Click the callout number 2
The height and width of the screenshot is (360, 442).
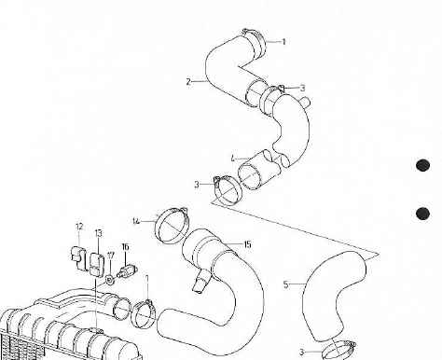point(188,82)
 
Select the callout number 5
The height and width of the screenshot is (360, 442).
point(285,284)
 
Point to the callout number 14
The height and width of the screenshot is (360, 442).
point(135,221)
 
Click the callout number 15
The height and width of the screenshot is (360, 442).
point(247,244)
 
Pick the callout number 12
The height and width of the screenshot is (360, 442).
point(79,227)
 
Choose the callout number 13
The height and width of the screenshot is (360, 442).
point(98,232)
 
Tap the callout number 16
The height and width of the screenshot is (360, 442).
point(125,247)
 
